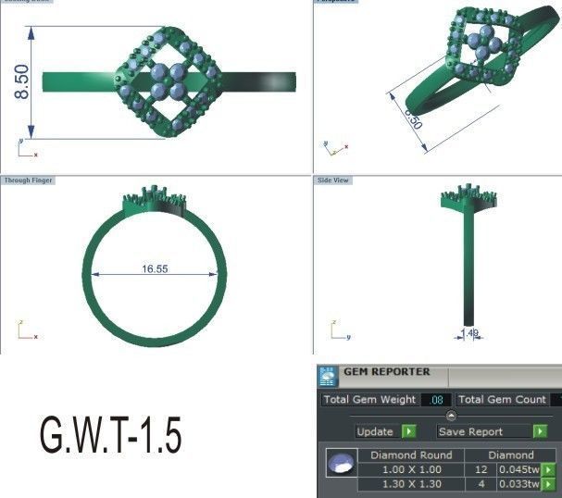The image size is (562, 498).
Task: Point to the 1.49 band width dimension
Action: pyautogui.click(x=470, y=332)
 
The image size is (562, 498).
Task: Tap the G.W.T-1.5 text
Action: pyautogui.click(x=110, y=433)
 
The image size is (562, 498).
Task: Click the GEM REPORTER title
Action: pyautogui.click(x=387, y=372)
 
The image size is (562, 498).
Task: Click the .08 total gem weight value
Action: pyautogui.click(x=437, y=400)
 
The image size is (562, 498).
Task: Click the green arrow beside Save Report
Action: pyautogui.click(x=540, y=431)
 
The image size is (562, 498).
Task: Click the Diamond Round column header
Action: pyautogui.click(x=410, y=454)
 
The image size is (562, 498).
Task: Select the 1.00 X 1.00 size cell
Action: pyautogui.click(x=410, y=469)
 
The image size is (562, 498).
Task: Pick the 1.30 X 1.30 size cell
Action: pyautogui.click(x=410, y=483)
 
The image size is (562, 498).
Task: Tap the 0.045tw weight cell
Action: pyautogui.click(x=518, y=469)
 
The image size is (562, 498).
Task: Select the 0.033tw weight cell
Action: pyautogui.click(x=518, y=483)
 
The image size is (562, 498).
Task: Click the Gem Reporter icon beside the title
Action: pyautogui.click(x=328, y=376)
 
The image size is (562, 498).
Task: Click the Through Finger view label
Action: pyautogui.click(x=27, y=180)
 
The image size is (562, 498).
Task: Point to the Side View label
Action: pyautogui.click(x=332, y=180)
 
